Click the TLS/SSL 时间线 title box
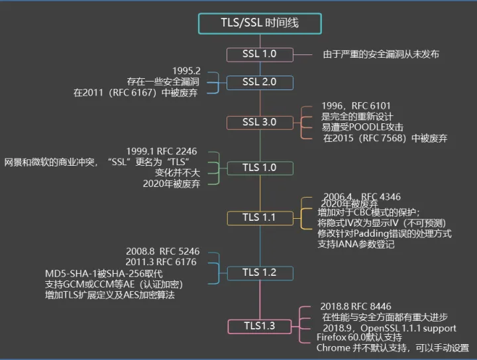260,23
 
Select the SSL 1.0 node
259,54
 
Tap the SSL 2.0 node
259,82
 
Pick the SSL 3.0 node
259,123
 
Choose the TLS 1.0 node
259,168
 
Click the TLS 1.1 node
259,217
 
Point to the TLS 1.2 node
259,272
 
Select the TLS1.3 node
259,326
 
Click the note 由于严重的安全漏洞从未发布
381,54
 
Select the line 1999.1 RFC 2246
161,151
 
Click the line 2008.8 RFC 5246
162,252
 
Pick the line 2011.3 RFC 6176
162,263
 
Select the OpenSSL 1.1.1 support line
389,328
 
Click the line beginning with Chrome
392,348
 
